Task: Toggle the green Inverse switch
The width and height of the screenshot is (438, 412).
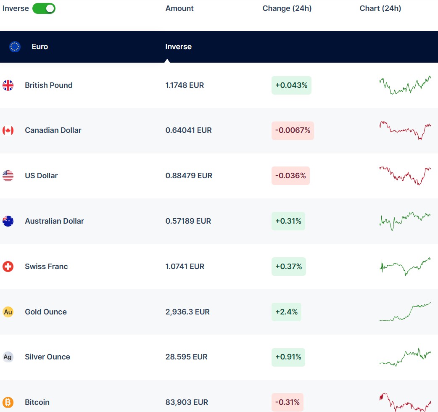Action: [44, 8]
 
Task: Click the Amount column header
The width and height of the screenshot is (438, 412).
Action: [179, 8]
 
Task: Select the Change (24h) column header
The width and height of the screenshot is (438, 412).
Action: [287, 8]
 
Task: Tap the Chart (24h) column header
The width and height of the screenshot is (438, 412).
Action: [380, 8]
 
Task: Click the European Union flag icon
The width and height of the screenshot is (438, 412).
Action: [15, 47]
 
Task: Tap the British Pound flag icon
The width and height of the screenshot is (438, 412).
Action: [8, 85]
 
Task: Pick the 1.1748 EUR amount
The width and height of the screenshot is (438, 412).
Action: [185, 85]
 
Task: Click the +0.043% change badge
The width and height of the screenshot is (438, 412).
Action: [291, 85]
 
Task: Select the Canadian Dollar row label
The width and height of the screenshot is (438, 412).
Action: [53, 130]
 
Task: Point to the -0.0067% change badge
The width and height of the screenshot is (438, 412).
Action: [293, 130]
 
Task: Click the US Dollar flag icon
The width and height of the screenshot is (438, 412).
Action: [8, 176]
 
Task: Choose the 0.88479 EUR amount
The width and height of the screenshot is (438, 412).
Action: [189, 176]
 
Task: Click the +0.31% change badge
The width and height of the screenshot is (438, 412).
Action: [288, 221]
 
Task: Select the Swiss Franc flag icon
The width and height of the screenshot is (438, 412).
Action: [8, 267]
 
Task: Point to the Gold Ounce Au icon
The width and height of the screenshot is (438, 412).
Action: [8, 312]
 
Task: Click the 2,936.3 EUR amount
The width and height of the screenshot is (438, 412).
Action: [187, 312]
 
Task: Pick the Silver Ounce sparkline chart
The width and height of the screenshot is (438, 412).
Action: [405, 357]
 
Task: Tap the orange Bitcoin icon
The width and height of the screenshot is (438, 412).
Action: [8, 402]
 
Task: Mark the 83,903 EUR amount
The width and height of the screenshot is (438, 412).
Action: [187, 402]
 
